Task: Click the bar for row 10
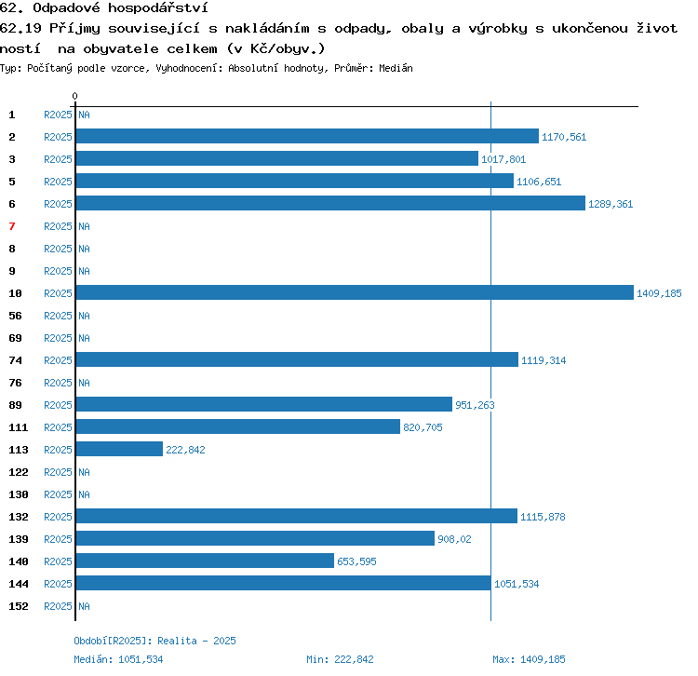[355, 292]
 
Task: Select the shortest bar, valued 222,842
[119, 449]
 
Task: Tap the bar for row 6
[330, 203]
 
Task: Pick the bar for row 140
[205, 561]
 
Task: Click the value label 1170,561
[564, 137]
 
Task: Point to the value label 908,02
[454, 539]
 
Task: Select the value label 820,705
[423, 427]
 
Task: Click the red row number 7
[12, 226]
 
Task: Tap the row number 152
[19, 606]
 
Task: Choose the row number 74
[15, 360]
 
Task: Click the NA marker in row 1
[84, 115]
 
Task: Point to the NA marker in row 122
[84, 472]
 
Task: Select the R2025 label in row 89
[58, 405]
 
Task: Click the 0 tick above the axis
[74, 96]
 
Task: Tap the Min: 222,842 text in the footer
[340, 659]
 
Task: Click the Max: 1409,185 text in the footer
[529, 659]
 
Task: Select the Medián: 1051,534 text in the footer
[118, 659]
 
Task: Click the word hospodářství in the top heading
[157, 7]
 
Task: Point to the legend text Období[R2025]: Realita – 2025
[154, 641]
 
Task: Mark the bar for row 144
[284, 583]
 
